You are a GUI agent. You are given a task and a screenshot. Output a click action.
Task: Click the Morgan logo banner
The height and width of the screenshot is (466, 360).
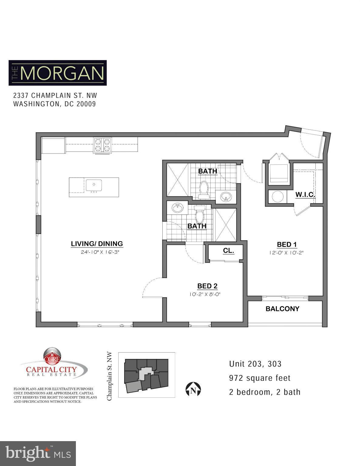click(58, 73)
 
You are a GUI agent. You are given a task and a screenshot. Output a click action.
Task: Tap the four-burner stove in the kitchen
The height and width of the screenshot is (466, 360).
click(103, 145)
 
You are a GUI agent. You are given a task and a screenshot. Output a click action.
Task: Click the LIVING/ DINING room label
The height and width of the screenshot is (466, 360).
click(97, 244)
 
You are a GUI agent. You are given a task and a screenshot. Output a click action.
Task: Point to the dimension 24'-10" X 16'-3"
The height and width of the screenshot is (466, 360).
click(97, 252)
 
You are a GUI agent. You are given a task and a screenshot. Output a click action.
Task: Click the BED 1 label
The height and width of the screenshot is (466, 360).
click(286, 245)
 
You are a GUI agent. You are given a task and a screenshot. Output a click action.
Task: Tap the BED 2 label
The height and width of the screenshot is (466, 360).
click(207, 286)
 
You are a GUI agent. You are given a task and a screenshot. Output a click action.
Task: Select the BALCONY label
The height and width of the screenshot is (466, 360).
click(282, 309)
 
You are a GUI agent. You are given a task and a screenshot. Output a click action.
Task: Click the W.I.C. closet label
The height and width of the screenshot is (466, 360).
click(305, 194)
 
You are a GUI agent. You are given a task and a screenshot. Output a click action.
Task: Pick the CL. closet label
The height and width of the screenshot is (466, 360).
click(229, 251)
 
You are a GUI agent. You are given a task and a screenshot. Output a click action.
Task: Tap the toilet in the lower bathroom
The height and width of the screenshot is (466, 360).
click(199, 214)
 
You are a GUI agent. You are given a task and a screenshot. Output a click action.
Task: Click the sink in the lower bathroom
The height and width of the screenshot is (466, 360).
click(177, 208)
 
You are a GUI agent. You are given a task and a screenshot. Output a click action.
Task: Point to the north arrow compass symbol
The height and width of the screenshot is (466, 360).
click(193, 389)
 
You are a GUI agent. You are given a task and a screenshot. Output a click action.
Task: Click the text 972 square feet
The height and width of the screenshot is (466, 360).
click(260, 378)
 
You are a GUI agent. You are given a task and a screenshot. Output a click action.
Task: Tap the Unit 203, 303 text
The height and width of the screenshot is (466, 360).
click(255, 364)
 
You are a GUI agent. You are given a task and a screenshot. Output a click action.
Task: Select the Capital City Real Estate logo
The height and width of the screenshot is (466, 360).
click(53, 364)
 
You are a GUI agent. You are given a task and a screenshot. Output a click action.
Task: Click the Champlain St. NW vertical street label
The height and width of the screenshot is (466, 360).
click(110, 376)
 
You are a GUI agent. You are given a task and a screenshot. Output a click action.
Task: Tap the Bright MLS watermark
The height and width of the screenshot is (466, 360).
click(38, 453)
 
